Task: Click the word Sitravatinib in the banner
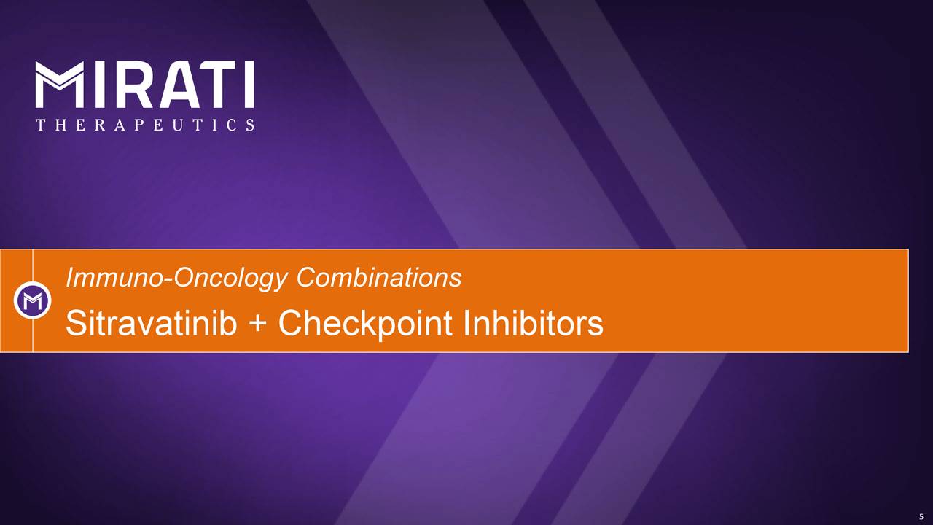(151, 324)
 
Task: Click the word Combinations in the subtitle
(379, 277)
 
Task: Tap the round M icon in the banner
(32, 300)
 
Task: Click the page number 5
(921, 516)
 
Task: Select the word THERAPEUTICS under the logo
(145, 125)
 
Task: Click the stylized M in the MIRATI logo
(59, 85)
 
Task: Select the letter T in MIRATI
(214, 85)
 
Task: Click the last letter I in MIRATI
(248, 85)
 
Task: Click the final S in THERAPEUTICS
(250, 125)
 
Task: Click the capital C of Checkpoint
(292, 324)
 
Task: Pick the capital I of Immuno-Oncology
(69, 278)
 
